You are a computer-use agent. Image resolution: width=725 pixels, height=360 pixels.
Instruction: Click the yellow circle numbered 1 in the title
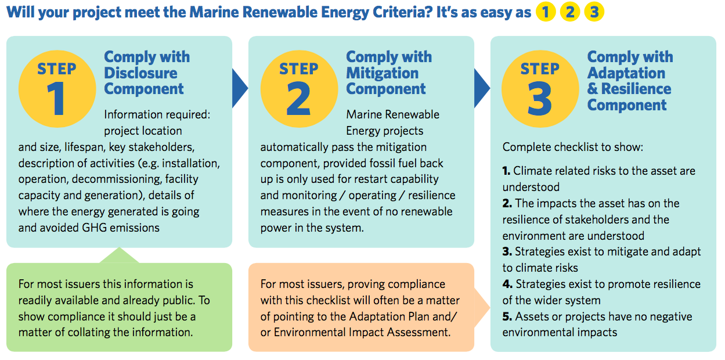(x=546, y=12)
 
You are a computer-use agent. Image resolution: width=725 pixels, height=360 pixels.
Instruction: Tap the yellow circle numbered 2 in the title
(x=570, y=12)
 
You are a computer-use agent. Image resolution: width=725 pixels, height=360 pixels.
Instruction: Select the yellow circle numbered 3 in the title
(x=594, y=12)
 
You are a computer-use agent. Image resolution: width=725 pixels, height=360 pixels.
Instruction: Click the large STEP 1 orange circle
(x=57, y=89)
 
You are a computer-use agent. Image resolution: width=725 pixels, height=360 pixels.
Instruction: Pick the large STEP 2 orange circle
(x=300, y=89)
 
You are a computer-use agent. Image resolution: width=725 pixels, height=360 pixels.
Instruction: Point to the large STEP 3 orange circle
(x=540, y=89)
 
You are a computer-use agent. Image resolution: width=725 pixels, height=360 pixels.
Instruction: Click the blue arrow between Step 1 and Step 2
(x=240, y=88)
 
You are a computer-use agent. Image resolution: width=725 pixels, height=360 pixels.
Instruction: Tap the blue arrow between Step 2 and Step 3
(x=482, y=88)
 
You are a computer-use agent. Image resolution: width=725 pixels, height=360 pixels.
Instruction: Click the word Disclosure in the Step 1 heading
(x=141, y=73)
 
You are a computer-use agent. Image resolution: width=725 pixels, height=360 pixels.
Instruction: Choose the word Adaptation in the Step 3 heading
(x=626, y=73)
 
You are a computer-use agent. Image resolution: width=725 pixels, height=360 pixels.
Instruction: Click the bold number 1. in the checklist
(x=506, y=171)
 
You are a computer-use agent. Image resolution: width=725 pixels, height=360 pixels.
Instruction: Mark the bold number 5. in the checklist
(x=507, y=316)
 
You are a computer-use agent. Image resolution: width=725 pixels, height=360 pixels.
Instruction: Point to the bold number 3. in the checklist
(x=507, y=251)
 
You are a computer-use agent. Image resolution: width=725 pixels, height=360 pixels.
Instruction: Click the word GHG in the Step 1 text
(x=94, y=228)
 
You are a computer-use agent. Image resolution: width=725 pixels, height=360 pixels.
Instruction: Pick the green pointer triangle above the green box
(x=120, y=255)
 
